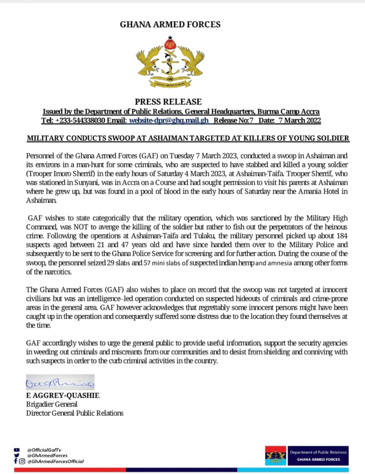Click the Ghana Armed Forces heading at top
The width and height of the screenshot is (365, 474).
(170, 25)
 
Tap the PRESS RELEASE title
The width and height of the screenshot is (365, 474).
(168, 102)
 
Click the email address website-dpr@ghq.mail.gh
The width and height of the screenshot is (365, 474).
(168, 120)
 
